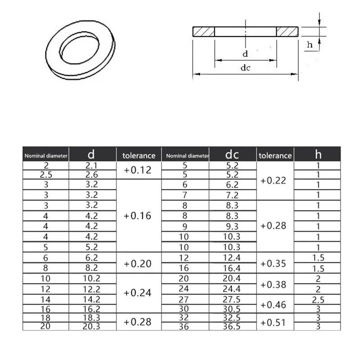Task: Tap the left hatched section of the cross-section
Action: point(204,31)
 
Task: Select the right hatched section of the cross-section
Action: point(287,31)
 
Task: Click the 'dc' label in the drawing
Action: point(245,68)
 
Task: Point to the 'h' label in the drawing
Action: point(310,44)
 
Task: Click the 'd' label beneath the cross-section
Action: point(245,54)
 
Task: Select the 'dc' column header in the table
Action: point(232,155)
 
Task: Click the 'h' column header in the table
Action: point(317,155)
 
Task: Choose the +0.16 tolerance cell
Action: point(139,216)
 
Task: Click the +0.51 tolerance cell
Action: point(274,322)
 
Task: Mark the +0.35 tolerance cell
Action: point(274,263)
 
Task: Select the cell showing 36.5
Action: point(232,327)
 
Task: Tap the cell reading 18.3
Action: point(92,317)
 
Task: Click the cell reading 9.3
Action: point(232,226)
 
